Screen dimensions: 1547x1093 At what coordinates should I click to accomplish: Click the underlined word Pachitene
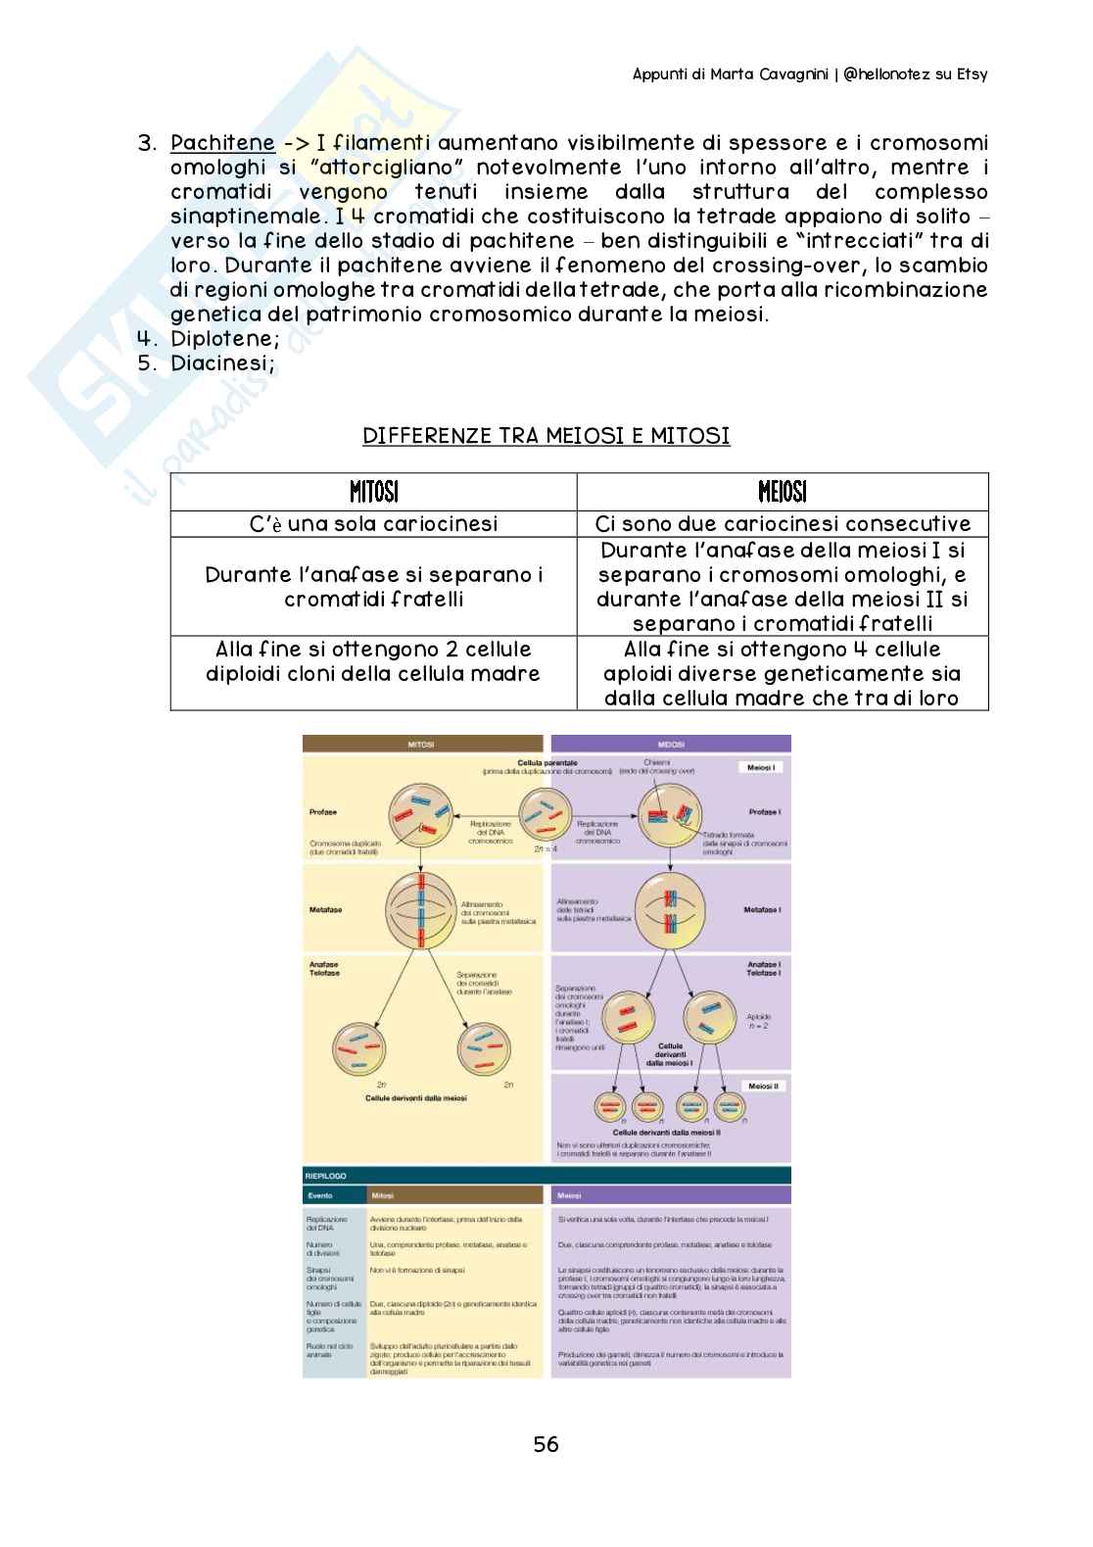222,144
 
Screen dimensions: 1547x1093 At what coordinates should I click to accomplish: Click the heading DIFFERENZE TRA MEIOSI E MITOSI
546,436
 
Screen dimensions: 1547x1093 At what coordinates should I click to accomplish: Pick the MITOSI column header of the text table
373,491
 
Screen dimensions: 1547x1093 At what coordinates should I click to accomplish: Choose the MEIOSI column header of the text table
782,491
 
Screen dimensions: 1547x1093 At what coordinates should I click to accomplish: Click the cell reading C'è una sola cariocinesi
373,524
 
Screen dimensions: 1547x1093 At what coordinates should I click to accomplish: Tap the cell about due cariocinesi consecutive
782,524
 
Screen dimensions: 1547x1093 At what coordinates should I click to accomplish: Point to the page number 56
546,1444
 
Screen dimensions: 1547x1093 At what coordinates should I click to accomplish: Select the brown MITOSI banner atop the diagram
422,745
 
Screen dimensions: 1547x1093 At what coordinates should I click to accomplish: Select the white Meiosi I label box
761,768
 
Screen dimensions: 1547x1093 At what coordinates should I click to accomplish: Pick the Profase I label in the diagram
763,812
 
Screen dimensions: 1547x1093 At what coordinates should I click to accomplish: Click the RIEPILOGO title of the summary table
326,1176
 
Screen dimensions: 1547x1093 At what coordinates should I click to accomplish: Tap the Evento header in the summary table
320,1195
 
